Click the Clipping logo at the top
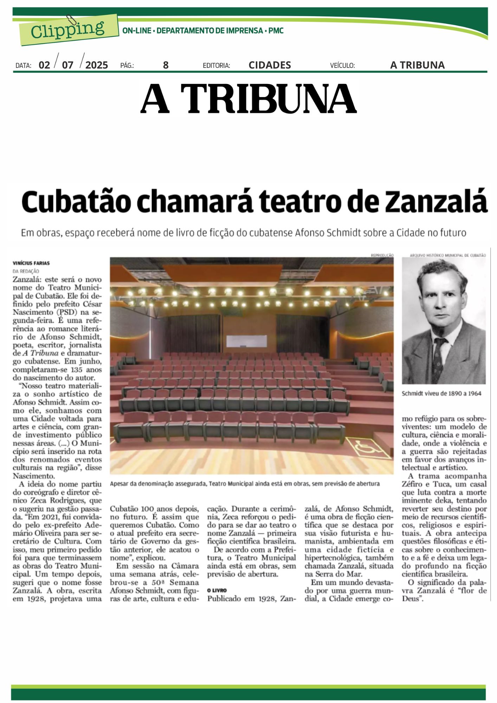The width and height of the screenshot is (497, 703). click(x=68, y=30)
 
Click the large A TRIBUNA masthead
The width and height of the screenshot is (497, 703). click(x=248, y=99)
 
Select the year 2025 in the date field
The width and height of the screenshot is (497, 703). click(x=97, y=65)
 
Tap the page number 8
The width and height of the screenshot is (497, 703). click(x=166, y=65)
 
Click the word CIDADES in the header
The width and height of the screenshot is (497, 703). click(x=270, y=65)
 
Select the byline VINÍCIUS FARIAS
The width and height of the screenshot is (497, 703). click(x=31, y=263)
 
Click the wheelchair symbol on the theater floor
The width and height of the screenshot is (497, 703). click(x=364, y=447)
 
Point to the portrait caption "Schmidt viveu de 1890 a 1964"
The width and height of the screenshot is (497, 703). click(x=441, y=393)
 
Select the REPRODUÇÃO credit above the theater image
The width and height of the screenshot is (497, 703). click(x=382, y=255)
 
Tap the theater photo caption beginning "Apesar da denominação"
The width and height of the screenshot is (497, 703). click(x=245, y=484)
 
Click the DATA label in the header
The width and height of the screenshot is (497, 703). click(x=24, y=65)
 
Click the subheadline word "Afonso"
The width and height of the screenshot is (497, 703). click(x=310, y=233)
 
